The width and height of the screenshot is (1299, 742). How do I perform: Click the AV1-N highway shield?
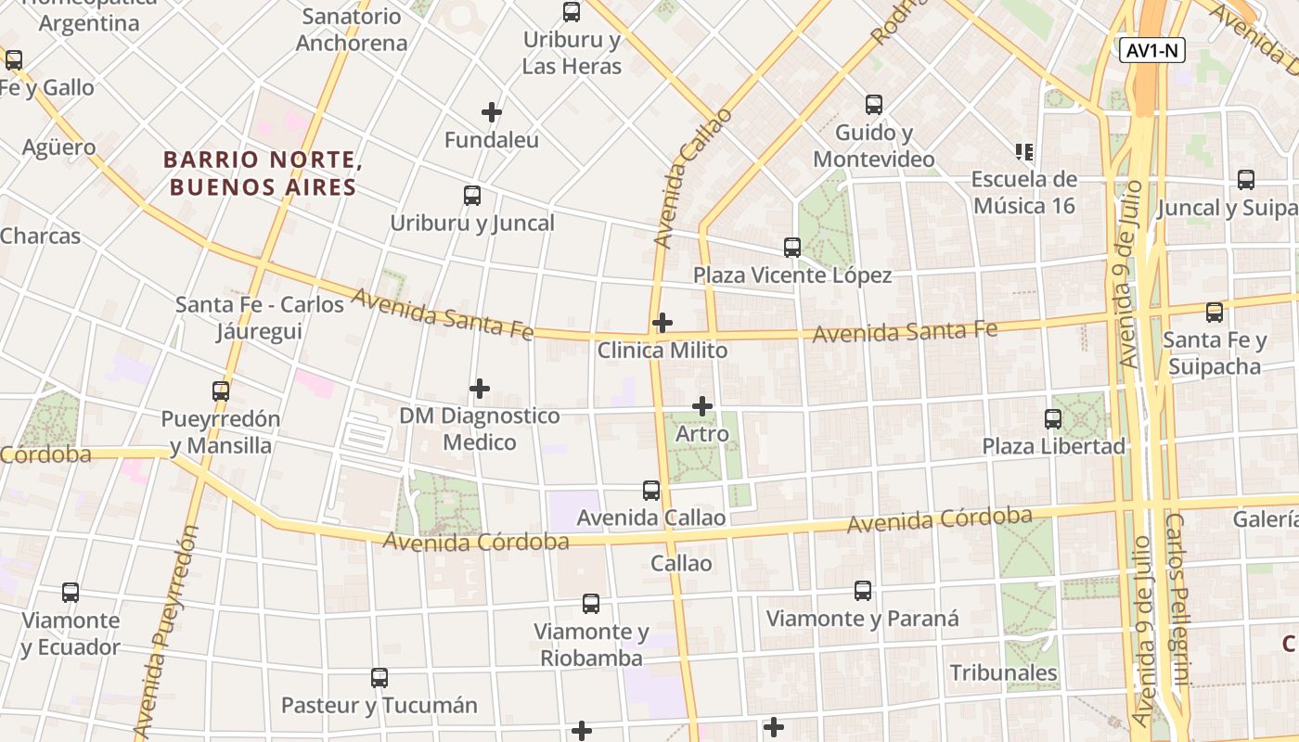tap(1151, 50)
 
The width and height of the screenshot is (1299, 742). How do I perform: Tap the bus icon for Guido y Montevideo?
tap(874, 105)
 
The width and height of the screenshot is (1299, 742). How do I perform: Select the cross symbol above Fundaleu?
tap(492, 113)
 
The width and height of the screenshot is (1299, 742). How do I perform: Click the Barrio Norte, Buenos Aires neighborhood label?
tap(263, 173)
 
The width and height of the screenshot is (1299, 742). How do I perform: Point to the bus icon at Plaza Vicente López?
tap(792, 248)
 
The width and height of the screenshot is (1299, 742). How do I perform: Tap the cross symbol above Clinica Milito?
tap(662, 323)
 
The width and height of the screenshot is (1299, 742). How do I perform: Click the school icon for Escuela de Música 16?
tap(1024, 151)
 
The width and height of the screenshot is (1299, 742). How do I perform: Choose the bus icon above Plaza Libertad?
tap(1053, 419)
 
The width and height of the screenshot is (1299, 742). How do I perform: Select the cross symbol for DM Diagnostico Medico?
tap(480, 388)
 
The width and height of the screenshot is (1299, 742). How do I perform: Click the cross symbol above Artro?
tap(702, 406)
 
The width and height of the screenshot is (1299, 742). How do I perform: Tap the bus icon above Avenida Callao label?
tap(651, 491)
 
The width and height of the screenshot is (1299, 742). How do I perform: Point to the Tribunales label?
tap(1003, 672)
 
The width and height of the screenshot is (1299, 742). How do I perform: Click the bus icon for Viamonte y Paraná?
tap(863, 591)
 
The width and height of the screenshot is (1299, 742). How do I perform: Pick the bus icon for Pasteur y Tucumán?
tap(379, 678)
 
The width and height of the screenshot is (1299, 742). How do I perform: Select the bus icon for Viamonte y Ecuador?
tap(71, 593)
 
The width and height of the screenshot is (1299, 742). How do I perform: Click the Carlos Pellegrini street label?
tap(1177, 599)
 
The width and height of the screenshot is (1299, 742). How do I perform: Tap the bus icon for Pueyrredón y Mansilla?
tap(221, 391)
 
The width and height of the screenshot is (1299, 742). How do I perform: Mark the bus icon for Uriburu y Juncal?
tap(472, 196)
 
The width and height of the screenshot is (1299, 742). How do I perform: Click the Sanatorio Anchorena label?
tap(352, 30)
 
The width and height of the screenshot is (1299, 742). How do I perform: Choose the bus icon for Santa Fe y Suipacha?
tap(1215, 313)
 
